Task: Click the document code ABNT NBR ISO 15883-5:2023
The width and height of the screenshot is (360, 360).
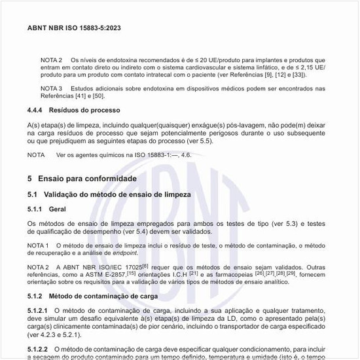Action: [73, 28]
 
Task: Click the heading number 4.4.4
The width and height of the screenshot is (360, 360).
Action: [37, 110]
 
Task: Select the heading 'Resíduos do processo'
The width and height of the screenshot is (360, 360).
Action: [86, 110]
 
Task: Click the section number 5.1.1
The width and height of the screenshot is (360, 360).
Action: [37, 209]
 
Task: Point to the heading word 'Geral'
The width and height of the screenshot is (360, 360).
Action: [58, 209]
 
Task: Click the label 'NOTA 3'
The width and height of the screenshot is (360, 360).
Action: [52, 88]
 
